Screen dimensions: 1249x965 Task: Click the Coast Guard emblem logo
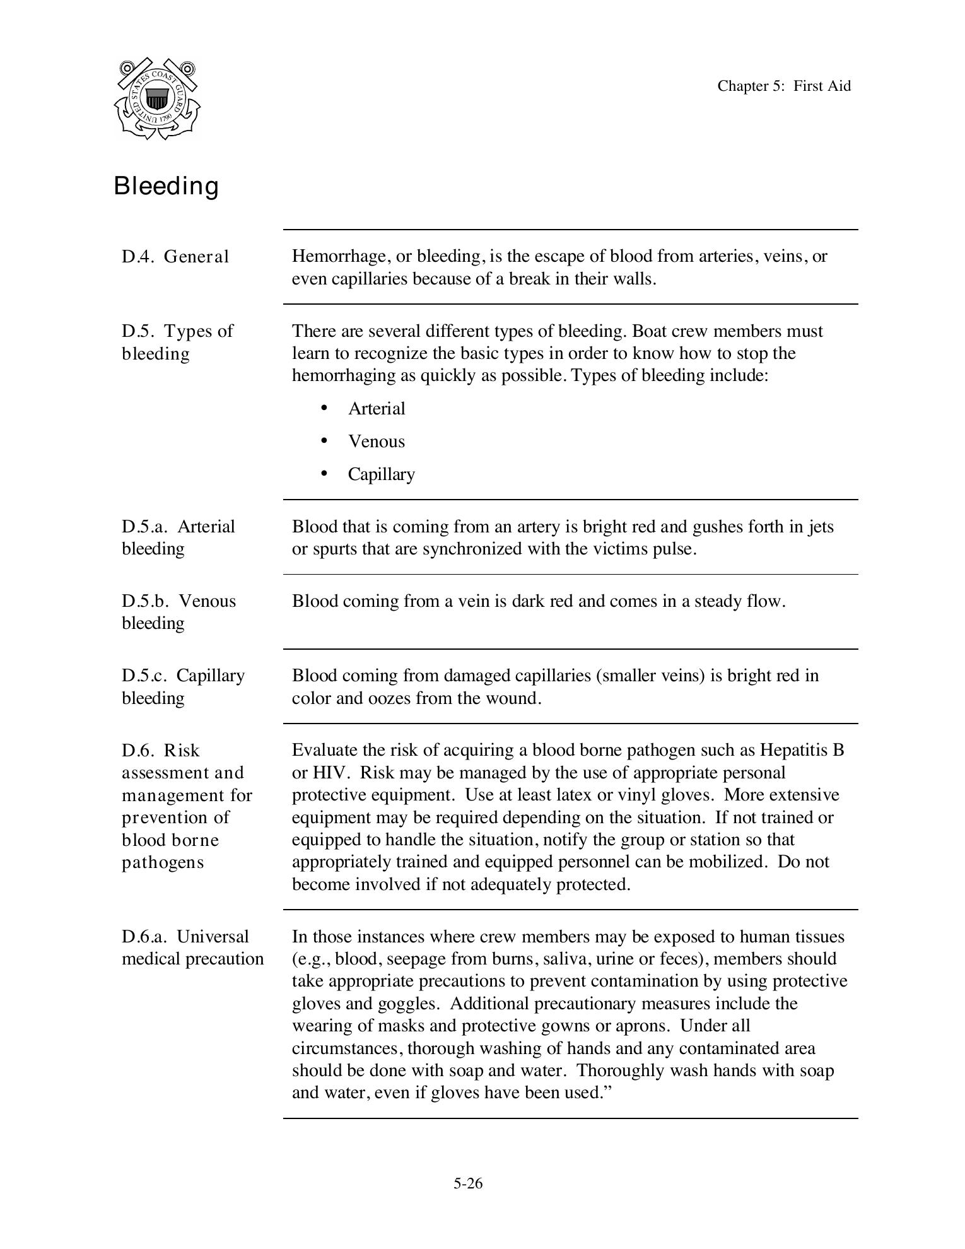point(157,99)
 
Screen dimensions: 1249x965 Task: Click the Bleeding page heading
point(167,186)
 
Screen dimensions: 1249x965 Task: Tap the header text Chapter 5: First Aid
point(783,86)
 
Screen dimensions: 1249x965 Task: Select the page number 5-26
point(467,1183)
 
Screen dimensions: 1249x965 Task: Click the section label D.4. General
point(175,257)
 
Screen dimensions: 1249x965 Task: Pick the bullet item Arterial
point(377,409)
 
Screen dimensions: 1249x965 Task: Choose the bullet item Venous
point(377,442)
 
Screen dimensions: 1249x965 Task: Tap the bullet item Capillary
point(381,474)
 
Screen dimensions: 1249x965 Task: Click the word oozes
point(389,698)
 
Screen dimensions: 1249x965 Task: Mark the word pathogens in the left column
point(163,862)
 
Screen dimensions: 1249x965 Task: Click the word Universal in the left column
point(213,936)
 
